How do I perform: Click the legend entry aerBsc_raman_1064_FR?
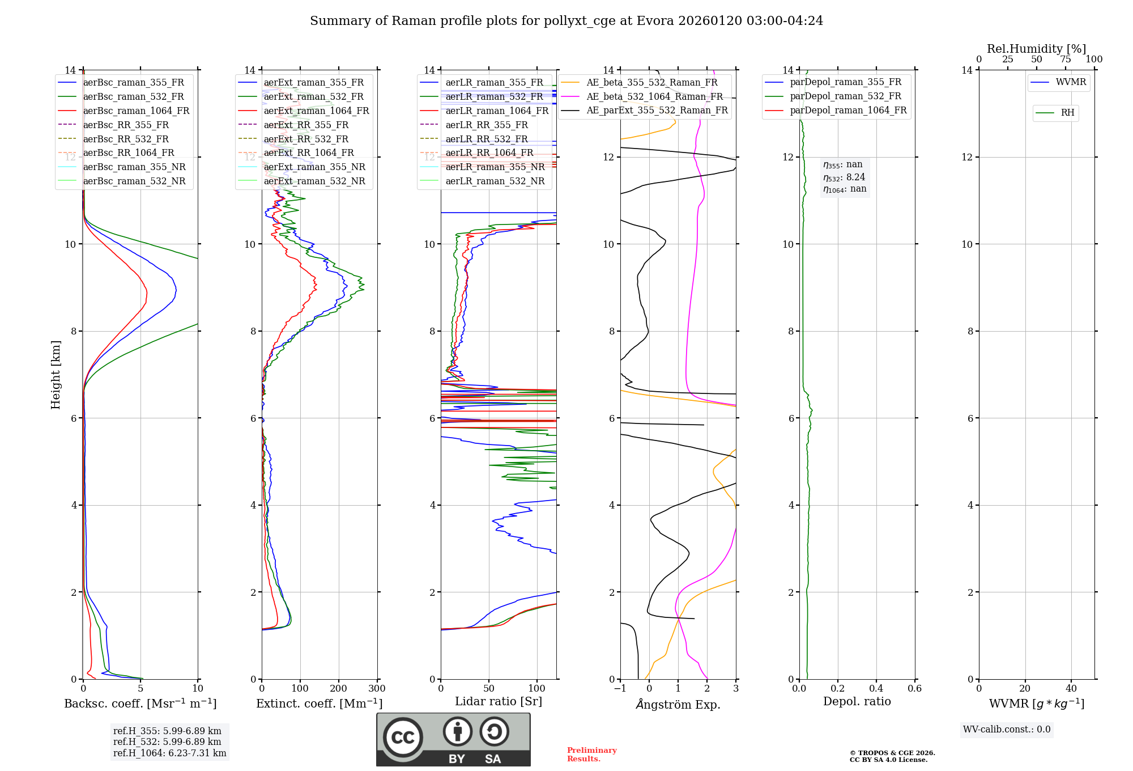click(x=136, y=111)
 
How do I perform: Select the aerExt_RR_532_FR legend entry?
click(x=306, y=139)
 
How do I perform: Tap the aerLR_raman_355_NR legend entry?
click(x=495, y=167)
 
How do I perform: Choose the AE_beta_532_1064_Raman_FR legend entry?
click(x=654, y=97)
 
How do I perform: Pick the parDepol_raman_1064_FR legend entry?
click(x=848, y=111)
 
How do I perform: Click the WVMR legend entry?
click(x=1071, y=83)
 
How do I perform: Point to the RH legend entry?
click(x=1067, y=113)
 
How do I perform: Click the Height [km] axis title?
click(x=56, y=375)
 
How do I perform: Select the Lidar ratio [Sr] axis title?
click(x=499, y=702)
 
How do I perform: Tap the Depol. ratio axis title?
click(x=857, y=702)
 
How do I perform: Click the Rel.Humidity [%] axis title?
click(x=1036, y=49)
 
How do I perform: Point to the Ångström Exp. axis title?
click(x=678, y=705)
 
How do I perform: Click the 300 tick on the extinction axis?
click(x=377, y=689)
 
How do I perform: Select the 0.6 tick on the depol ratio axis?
click(x=914, y=689)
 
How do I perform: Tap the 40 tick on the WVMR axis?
click(x=1071, y=689)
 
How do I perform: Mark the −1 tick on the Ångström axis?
click(x=620, y=689)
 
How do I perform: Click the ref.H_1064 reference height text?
click(x=169, y=753)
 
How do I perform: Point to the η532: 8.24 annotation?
click(x=844, y=177)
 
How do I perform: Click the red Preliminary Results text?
click(x=591, y=755)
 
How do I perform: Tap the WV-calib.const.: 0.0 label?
click(x=1007, y=730)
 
